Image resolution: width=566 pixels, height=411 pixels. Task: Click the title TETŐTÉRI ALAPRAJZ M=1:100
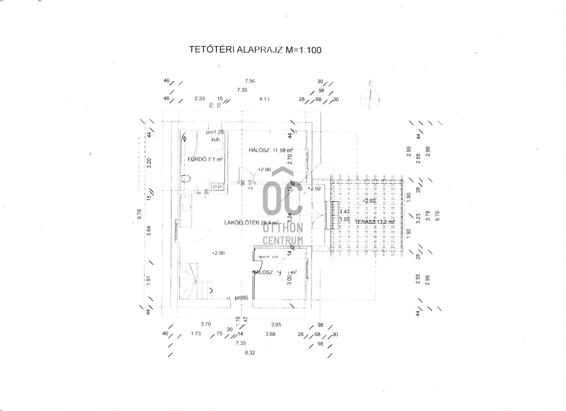click(255, 50)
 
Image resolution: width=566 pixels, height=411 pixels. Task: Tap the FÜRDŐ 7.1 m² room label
click(206, 159)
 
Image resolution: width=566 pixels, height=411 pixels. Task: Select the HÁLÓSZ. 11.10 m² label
click(271, 150)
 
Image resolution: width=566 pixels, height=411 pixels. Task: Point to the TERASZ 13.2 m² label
click(375, 222)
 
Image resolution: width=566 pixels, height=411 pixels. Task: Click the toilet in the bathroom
click(186, 178)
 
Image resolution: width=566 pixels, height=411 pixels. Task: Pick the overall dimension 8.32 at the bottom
click(250, 353)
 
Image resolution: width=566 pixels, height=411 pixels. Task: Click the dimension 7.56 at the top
click(250, 81)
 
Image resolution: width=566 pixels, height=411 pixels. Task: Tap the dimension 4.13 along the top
click(264, 99)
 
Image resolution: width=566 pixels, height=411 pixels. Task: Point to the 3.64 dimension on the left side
click(149, 231)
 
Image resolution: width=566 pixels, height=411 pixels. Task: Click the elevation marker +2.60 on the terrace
click(369, 201)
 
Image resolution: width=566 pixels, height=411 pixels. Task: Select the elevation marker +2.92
click(314, 189)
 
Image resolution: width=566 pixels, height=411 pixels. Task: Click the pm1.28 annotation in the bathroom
click(215, 132)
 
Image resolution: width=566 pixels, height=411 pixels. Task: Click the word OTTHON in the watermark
click(283, 228)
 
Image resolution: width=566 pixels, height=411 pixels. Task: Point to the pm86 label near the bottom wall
click(242, 298)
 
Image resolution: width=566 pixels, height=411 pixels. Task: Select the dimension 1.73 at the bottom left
click(196, 334)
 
